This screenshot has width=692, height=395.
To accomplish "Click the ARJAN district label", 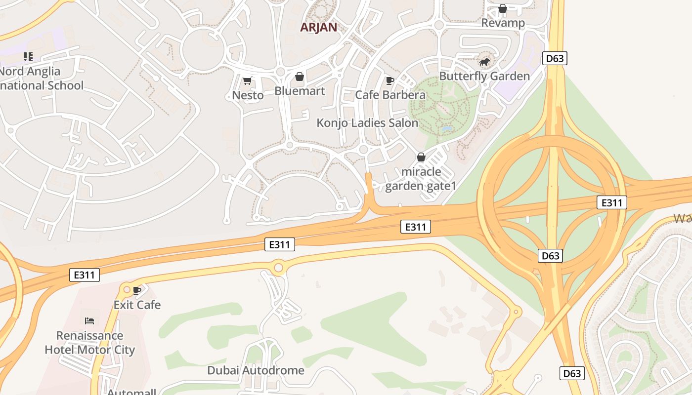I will tap(319, 27).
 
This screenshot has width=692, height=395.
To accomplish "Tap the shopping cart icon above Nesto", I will tap(248, 80).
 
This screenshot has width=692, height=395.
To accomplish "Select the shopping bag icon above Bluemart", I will tap(300, 77).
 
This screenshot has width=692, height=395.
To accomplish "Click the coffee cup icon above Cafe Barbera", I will tap(390, 80).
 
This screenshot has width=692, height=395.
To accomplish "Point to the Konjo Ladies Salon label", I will tap(367, 123).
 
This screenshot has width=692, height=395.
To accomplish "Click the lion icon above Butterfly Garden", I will tap(484, 62).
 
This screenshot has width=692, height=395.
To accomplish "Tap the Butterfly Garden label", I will tap(484, 76).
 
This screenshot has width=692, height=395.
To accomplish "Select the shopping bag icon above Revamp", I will tap(503, 8).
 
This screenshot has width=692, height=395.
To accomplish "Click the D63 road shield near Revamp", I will tap(554, 58).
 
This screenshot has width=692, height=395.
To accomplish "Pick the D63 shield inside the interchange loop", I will tap(550, 256).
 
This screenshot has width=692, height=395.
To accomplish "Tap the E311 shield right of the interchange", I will tap(611, 202).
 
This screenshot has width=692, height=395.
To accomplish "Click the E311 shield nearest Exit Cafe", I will tap(85, 275).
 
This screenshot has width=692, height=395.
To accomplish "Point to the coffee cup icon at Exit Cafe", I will tap(137, 290).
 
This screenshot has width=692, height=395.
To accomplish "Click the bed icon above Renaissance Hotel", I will tap(89, 321).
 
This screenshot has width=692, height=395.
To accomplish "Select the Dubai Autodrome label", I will tap(256, 370).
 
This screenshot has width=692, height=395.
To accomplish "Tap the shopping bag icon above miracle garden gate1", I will tap(421, 157).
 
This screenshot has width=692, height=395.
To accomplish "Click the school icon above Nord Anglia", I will tap(28, 57).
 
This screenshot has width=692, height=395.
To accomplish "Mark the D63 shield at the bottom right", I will tap(572, 373).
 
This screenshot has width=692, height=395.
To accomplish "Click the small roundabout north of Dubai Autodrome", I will tap(278, 268).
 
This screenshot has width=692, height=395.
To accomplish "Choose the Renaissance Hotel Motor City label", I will tap(89, 343).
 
